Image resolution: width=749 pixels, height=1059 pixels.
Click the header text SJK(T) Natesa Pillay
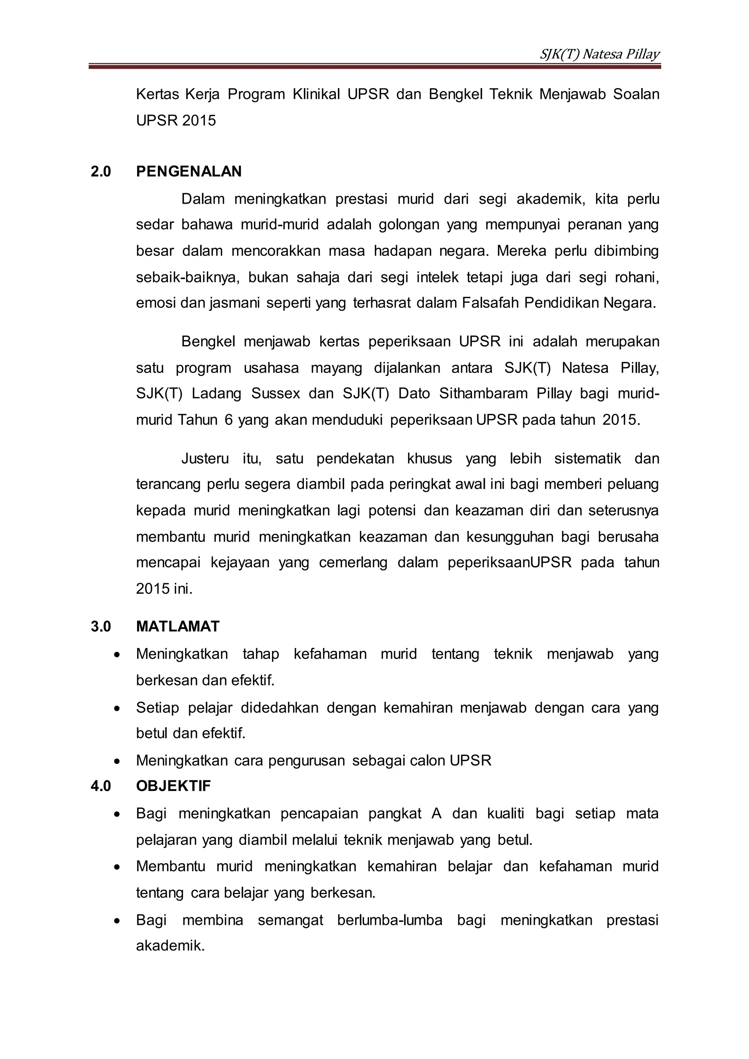(599, 54)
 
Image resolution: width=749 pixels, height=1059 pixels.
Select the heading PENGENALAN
(189, 172)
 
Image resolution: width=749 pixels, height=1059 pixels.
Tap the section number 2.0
(101, 172)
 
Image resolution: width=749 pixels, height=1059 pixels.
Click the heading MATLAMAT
(178, 626)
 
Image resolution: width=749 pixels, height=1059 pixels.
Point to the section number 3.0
(101, 626)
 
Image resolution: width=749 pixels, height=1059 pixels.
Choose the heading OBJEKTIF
(173, 786)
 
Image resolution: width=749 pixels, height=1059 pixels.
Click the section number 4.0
(101, 786)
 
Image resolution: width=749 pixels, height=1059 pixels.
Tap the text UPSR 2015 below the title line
(176, 120)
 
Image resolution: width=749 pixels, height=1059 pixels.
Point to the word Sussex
(275, 393)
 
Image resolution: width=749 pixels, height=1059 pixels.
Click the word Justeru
(205, 459)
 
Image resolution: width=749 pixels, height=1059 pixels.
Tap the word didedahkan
(279, 708)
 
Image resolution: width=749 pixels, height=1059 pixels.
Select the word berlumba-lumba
(390, 920)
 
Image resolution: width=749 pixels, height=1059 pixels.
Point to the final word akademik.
(170, 946)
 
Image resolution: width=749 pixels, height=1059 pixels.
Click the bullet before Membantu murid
(118, 867)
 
